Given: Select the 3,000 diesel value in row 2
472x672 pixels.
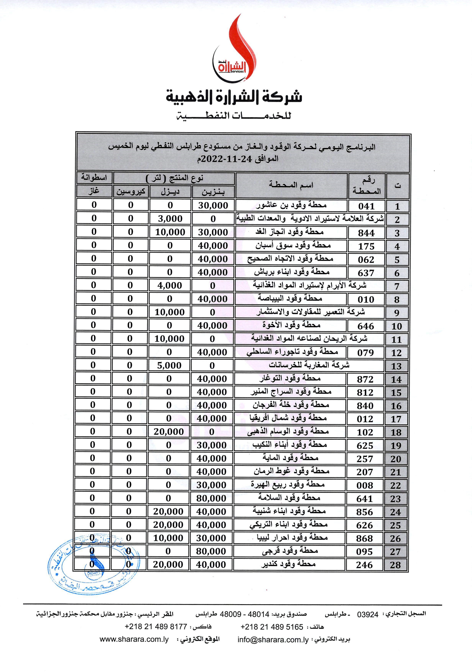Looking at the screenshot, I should coord(170,219).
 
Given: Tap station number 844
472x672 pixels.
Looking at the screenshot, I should coord(366,233).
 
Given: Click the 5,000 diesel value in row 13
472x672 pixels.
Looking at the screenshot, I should coord(169,365).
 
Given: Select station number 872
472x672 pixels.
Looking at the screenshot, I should coord(365,379).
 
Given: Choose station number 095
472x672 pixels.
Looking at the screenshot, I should coord(364,552).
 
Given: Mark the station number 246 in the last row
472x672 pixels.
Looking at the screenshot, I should coord(364,565).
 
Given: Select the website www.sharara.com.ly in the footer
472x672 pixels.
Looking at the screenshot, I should coord(134,639).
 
